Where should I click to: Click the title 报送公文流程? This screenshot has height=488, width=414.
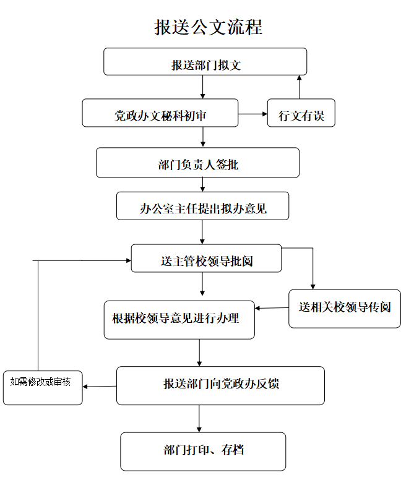click(209, 27)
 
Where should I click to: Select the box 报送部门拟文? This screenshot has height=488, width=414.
click(205, 62)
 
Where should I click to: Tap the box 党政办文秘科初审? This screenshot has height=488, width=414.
click(160, 113)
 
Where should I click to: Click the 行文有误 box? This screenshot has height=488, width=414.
click(301, 113)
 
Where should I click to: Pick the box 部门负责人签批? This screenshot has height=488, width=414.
click(197, 163)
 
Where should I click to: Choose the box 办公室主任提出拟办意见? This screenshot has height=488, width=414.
click(202, 206)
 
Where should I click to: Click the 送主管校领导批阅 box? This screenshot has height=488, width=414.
click(206, 259)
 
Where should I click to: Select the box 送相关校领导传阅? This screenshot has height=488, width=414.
click(345, 309)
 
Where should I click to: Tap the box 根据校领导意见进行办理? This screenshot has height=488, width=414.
click(179, 320)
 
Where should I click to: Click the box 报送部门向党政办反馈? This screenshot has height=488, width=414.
click(221, 385)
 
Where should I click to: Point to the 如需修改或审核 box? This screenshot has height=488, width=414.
click(43, 388)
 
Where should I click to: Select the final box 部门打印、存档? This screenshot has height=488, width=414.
click(203, 452)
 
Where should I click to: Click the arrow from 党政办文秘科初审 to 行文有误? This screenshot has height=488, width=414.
click(252, 114)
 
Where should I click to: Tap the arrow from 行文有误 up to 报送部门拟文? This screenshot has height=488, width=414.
click(299, 87)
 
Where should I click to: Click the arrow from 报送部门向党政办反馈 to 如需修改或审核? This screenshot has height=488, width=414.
click(100, 387)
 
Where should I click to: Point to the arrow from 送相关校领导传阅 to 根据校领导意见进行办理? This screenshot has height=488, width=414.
click(272, 308)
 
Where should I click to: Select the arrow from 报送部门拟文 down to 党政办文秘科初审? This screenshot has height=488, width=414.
click(202, 87)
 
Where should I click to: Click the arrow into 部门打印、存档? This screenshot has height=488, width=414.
click(199, 419)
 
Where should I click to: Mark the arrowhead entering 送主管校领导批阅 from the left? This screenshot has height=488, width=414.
click(129, 260)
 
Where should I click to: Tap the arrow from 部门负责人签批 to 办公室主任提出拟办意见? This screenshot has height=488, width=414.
click(202, 184)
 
